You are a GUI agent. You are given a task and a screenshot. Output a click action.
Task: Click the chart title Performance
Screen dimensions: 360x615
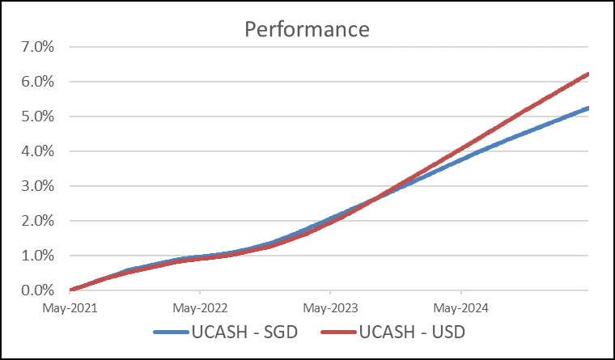[307, 30]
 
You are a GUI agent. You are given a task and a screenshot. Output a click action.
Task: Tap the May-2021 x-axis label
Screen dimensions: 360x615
[70, 308]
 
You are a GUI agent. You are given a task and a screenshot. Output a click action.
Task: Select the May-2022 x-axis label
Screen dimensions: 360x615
[200, 308]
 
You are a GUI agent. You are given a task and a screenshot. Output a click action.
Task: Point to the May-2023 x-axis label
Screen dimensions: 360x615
[330, 308]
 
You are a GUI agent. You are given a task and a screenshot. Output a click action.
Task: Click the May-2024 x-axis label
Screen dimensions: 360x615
[460, 308]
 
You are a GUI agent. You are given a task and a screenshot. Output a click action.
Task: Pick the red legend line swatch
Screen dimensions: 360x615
[339, 332]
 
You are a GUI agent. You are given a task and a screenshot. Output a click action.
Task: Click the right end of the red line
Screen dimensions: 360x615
[587, 74]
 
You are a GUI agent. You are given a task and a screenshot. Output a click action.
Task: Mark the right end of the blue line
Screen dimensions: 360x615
[587, 108]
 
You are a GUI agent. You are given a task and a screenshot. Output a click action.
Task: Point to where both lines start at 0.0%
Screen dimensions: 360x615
[72, 290]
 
